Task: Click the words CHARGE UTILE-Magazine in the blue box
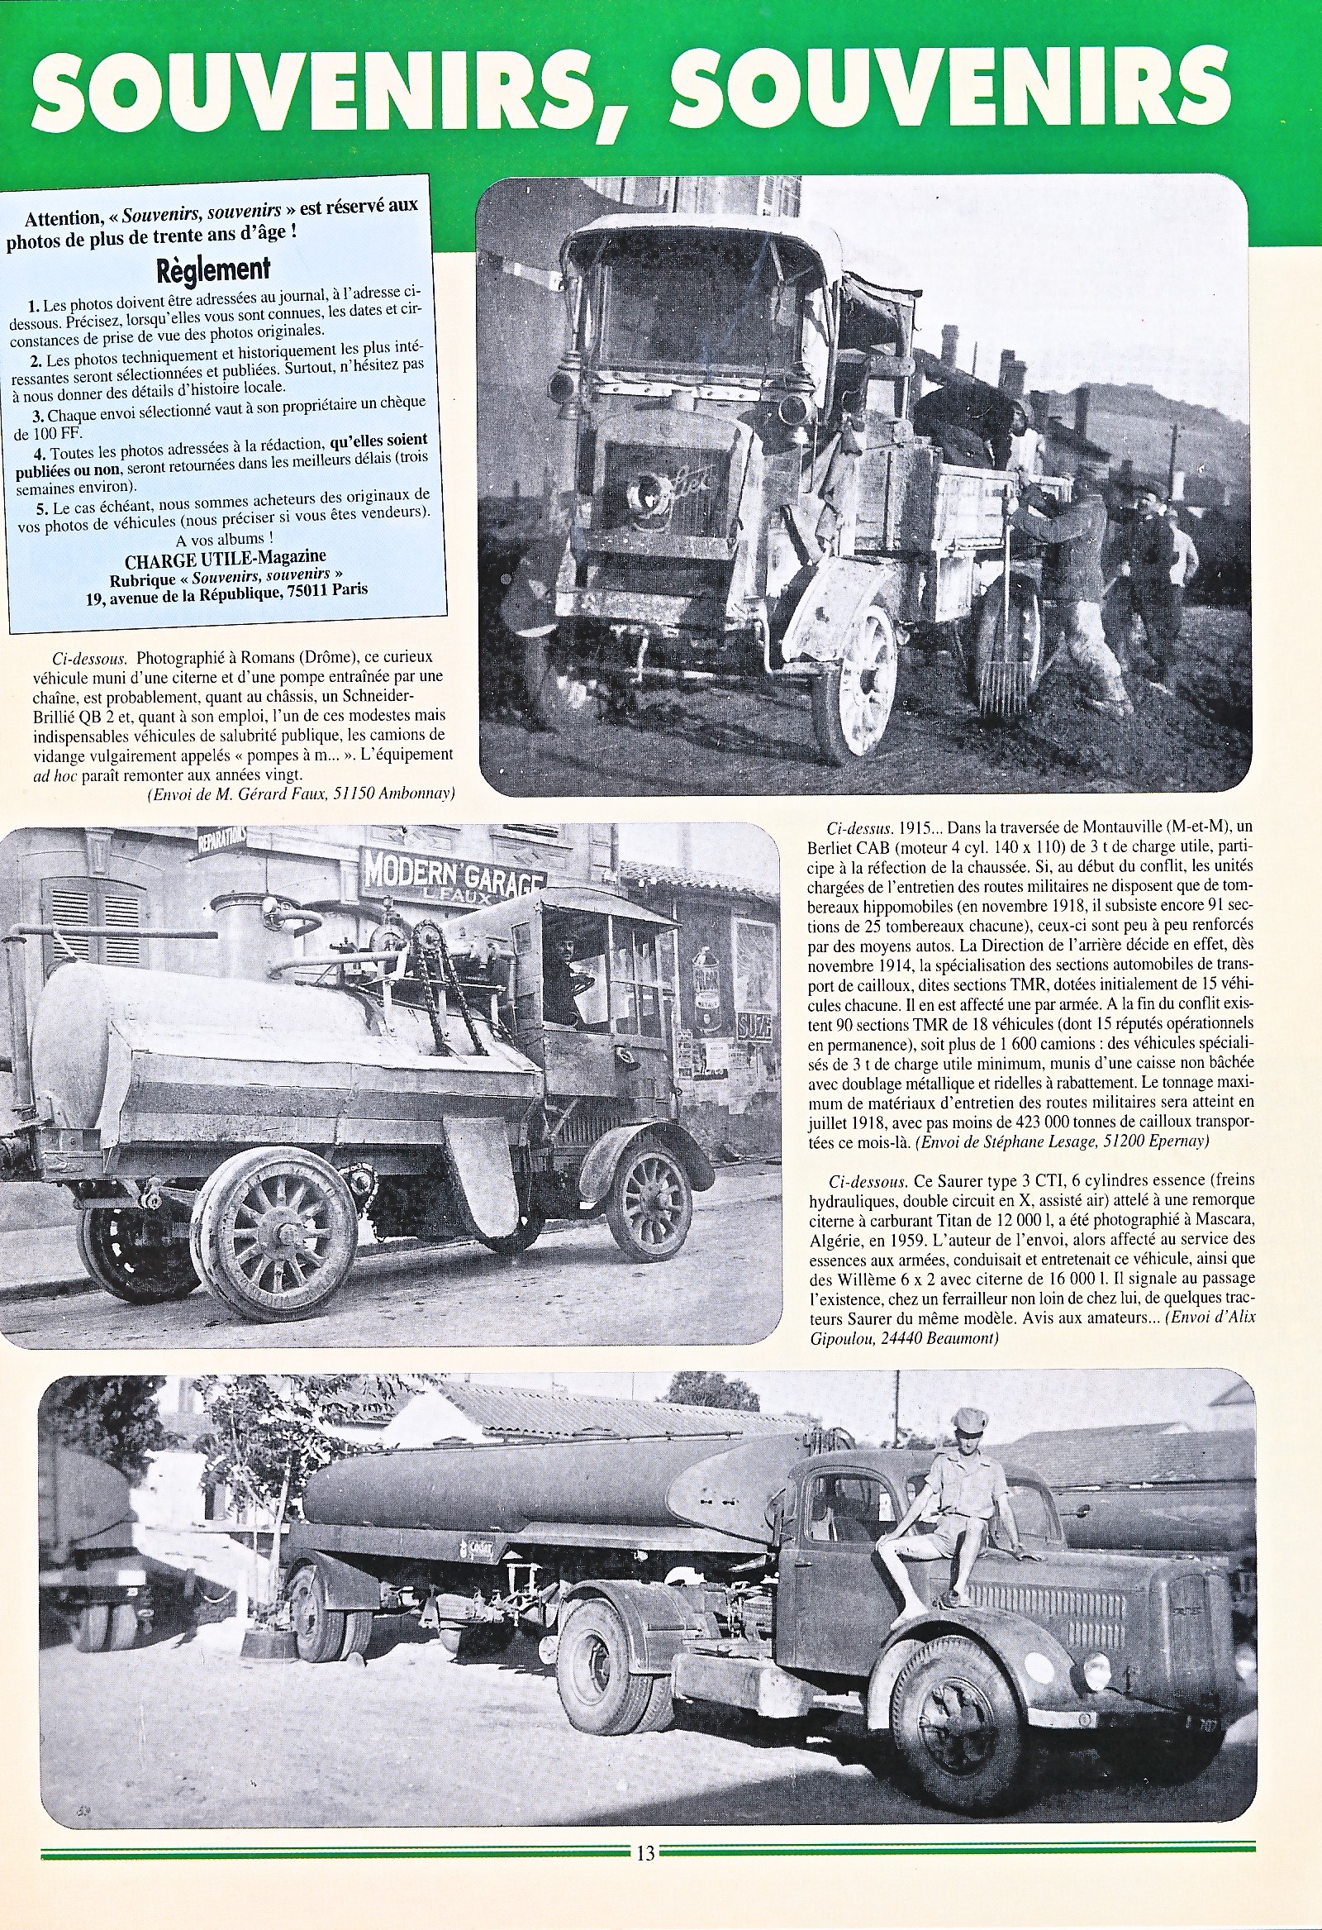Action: [x=225, y=556]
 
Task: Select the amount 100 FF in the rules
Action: [x=55, y=433]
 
